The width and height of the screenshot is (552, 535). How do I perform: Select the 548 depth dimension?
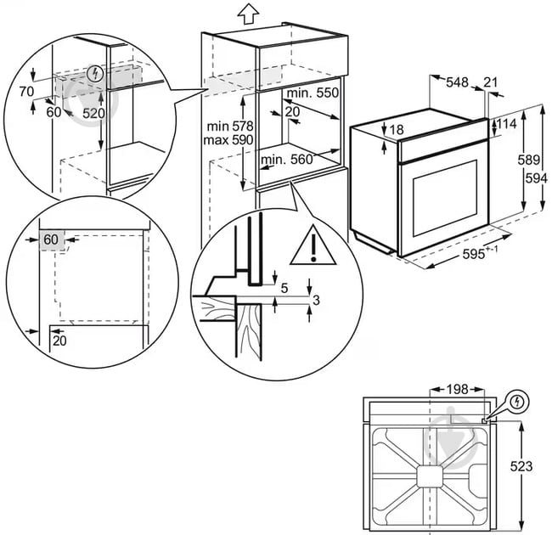click(x=459, y=82)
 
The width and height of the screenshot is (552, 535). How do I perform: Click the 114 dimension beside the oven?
click(x=506, y=125)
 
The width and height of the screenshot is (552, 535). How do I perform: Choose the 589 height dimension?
click(x=528, y=159)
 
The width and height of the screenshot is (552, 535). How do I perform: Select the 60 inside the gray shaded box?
click(x=51, y=240)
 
